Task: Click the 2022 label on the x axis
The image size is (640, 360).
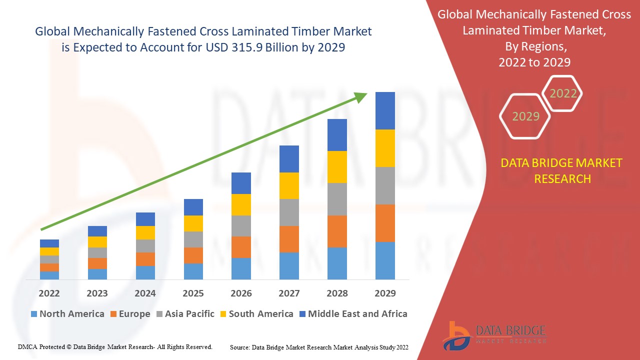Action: (49, 293)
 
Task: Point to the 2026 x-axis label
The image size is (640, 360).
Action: (241, 293)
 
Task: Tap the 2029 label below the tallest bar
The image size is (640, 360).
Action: (385, 293)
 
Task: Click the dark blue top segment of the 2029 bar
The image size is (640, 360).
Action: (385, 110)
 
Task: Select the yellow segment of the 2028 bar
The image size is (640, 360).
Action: (337, 167)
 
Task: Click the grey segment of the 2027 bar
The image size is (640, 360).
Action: (289, 212)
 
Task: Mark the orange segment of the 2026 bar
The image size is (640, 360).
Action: (241, 247)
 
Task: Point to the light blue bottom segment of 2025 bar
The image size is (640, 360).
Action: (193, 271)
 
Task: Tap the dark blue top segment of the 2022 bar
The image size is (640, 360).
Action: (49, 243)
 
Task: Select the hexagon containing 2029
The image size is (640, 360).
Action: (525, 116)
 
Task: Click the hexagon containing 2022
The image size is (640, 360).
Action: (562, 93)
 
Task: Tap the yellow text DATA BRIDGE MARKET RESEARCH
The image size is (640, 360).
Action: (562, 170)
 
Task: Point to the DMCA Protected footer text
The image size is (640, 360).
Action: (115, 346)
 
